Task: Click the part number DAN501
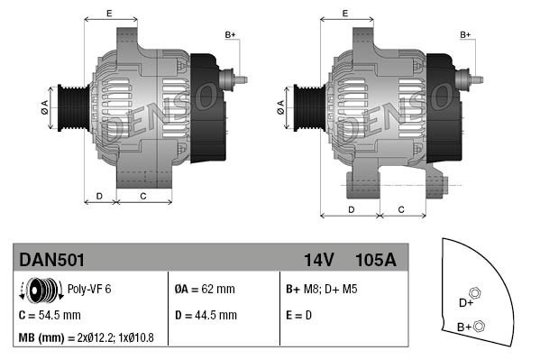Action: (52, 260)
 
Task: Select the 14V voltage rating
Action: (318, 260)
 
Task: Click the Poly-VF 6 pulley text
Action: (89, 290)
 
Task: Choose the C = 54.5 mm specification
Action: (50, 315)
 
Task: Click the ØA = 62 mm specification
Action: (204, 290)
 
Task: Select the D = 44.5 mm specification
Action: (205, 315)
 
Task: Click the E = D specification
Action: (300, 315)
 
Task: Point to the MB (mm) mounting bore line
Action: (87, 337)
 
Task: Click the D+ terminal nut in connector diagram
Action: (476, 291)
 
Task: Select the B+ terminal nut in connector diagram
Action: (479, 326)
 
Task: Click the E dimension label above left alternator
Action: (109, 13)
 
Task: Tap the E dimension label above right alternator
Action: (346, 13)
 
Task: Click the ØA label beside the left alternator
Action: (44, 105)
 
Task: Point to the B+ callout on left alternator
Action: (230, 34)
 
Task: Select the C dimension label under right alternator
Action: (399, 209)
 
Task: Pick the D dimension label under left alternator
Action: (99, 196)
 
